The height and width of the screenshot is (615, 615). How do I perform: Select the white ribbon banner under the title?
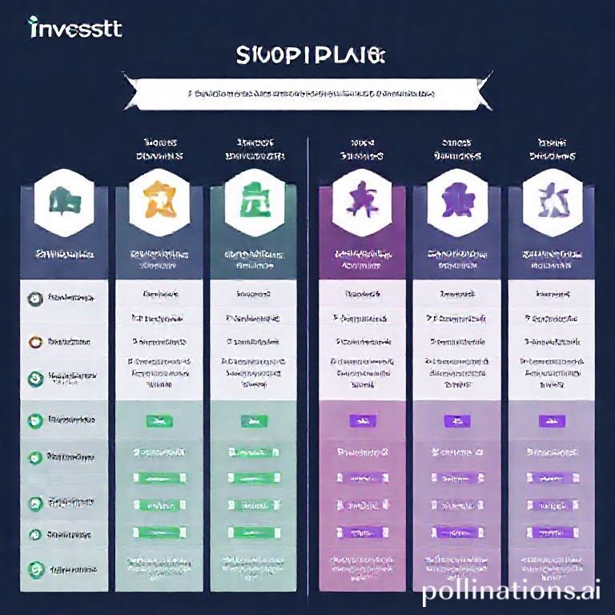coord(309,94)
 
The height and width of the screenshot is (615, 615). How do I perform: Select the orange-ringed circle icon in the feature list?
coord(34,340)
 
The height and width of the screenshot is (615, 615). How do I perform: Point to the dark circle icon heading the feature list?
coord(34,297)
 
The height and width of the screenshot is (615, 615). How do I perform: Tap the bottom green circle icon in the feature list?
coord(34,570)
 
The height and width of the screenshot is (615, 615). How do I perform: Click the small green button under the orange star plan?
coord(159,419)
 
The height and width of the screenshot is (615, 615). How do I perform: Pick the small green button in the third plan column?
coord(253,419)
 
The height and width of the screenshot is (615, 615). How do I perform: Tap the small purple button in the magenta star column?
coord(362,419)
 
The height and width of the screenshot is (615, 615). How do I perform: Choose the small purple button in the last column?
coord(551,419)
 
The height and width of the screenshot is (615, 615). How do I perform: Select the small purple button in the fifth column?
coord(456,419)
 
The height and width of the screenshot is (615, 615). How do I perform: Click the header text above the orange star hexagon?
coord(159,149)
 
